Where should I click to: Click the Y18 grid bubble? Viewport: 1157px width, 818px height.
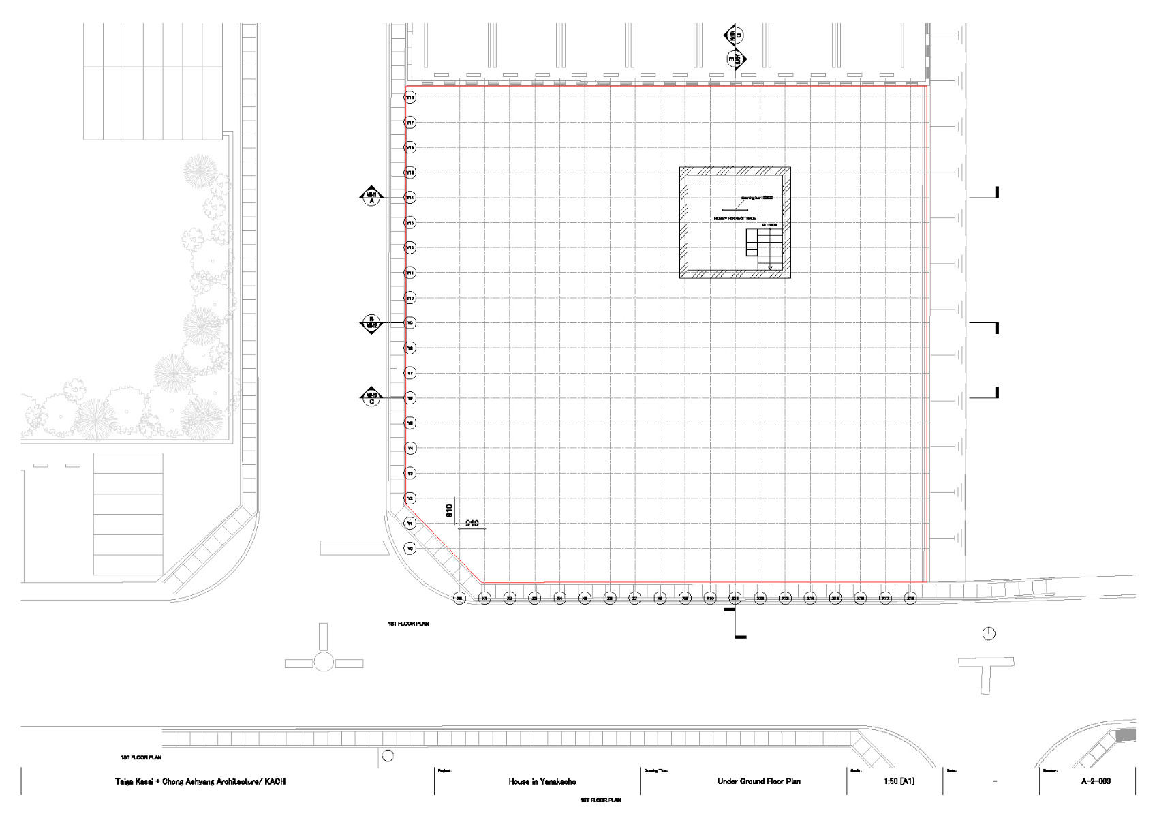410,97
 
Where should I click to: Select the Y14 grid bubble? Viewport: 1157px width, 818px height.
410,198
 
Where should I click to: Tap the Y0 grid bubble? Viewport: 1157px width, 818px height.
410,548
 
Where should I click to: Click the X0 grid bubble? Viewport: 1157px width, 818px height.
459,599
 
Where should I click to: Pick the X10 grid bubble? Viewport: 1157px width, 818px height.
710,599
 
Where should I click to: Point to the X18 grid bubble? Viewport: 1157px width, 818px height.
910,599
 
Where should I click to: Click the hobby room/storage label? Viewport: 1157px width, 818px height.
735,218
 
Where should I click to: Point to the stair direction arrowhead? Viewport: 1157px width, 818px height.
771,268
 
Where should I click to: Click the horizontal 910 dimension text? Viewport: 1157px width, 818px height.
472,524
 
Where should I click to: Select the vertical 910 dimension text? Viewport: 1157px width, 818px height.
450,511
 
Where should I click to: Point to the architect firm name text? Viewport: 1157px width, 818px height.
200,781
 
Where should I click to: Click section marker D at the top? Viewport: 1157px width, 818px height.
735,36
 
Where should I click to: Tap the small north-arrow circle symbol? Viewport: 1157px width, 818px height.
989,634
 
